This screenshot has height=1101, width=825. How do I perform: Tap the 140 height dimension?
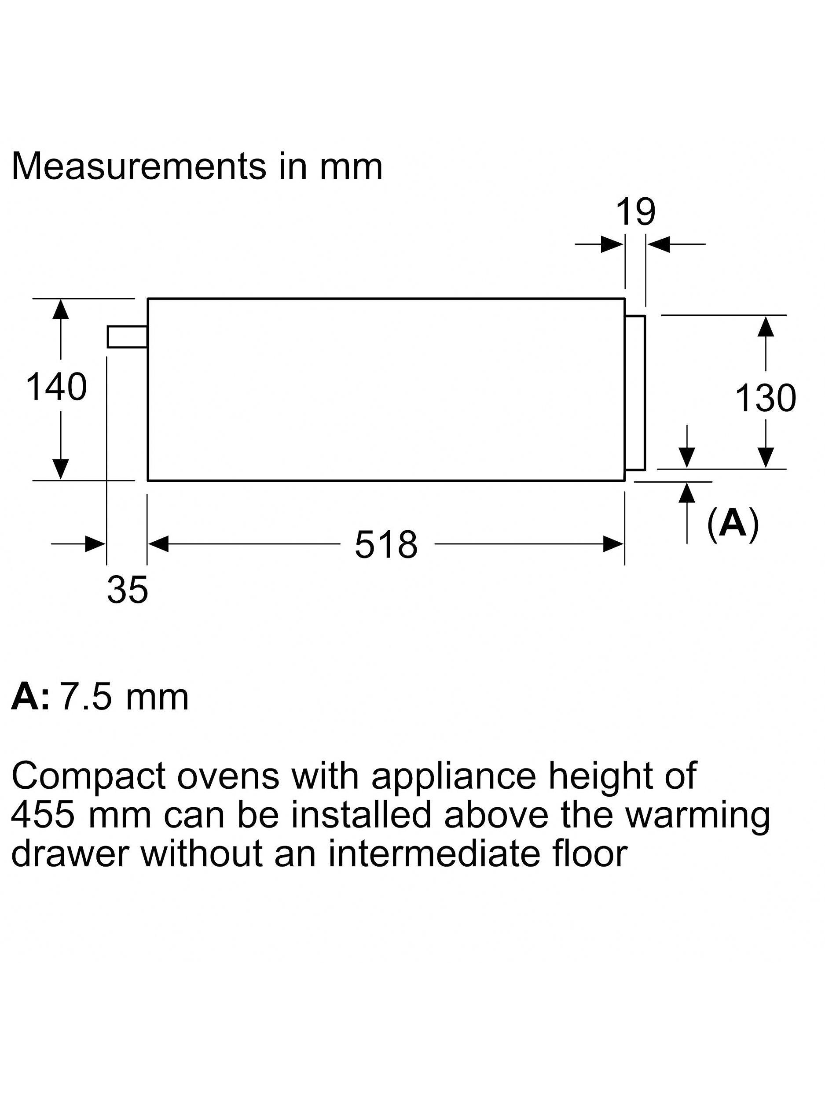pyautogui.click(x=56, y=387)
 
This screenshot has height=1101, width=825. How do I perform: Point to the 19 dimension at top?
pyautogui.click(x=635, y=213)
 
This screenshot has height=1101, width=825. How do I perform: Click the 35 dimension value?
pyautogui.click(x=127, y=590)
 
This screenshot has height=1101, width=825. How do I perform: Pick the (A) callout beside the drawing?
pyautogui.click(x=733, y=523)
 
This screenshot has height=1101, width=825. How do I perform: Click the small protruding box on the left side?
pyautogui.click(x=127, y=336)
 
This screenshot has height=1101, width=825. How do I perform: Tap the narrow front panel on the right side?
pyautogui.click(x=635, y=392)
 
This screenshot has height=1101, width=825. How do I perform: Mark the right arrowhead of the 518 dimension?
pyautogui.click(x=613, y=544)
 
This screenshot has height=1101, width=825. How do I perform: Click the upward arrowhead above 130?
pyautogui.click(x=766, y=326)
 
